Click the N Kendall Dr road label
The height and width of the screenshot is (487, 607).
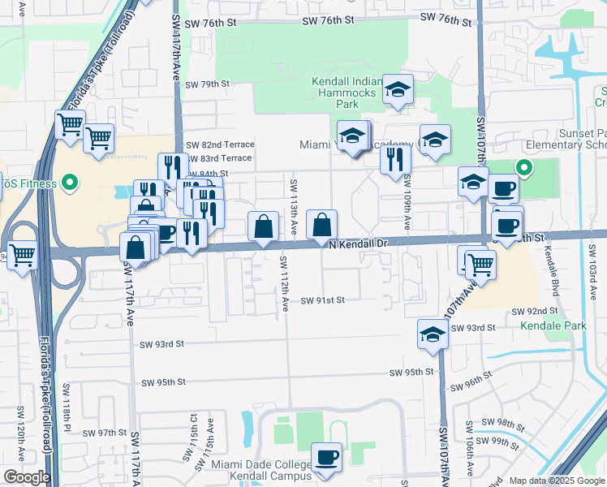(x=359, y=243)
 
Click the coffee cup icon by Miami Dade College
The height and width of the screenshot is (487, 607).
(x=326, y=457)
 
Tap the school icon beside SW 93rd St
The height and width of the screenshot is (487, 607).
(x=433, y=334)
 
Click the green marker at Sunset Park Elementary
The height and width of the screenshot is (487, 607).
(x=525, y=169)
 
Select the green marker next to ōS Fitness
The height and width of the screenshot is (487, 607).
(x=70, y=183)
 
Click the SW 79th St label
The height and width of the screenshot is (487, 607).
(x=209, y=84)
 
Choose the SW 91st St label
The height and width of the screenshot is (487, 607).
(x=324, y=300)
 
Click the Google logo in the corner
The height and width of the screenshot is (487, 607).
(x=26, y=477)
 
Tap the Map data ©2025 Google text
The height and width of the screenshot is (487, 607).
(x=556, y=481)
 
